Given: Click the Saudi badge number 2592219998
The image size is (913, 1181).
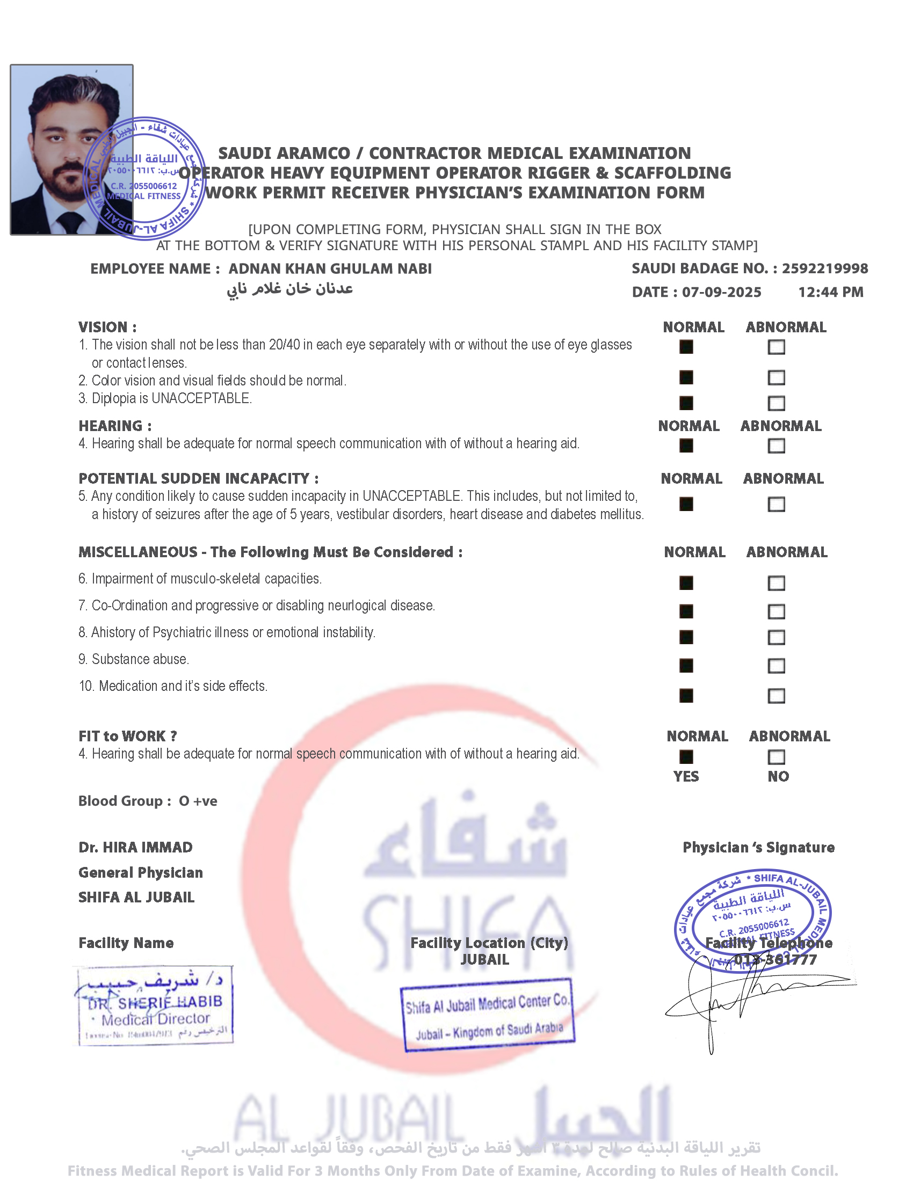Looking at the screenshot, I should [825, 268].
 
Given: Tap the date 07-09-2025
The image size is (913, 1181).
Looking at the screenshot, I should [721, 292].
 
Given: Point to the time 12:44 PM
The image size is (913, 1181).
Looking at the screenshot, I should [831, 292].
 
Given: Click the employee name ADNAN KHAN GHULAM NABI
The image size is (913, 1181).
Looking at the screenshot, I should [330, 269].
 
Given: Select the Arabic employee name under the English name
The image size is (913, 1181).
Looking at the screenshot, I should [290, 289].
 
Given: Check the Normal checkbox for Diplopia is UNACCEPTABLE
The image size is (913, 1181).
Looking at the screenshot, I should [686, 403].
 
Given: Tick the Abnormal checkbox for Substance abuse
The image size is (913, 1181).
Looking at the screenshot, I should [776, 666].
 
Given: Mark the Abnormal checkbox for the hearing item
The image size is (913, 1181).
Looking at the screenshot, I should [776, 446].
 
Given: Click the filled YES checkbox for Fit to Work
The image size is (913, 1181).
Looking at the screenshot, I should [686, 756].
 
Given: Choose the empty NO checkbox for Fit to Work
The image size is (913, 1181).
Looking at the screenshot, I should [776, 756].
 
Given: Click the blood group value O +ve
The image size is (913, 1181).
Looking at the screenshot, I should [198, 801].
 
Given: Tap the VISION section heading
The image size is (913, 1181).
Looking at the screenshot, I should [107, 327].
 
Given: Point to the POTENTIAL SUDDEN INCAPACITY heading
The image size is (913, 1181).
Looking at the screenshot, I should [199, 478].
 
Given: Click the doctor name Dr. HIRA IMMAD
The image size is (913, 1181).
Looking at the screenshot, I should [135, 847].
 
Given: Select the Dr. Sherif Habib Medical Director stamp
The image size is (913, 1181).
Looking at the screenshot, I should [155, 1005].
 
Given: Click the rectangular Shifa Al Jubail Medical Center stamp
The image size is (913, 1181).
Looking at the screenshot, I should [487, 1015].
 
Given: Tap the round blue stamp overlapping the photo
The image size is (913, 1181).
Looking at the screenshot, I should [144, 178].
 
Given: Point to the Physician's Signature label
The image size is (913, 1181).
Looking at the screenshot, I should [758, 847].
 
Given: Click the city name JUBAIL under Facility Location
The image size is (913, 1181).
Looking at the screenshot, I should [484, 960].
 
